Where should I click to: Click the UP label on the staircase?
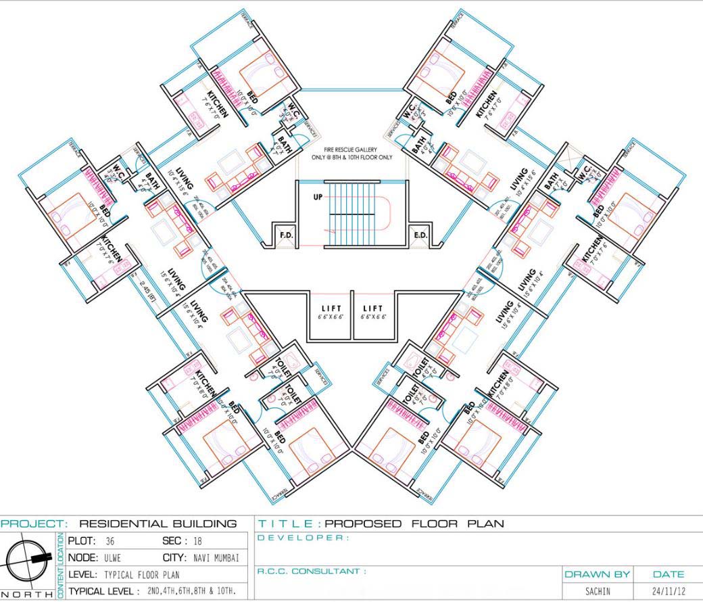(x=317, y=198)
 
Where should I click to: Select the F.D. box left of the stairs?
(x=285, y=235)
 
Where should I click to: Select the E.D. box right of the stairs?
(x=419, y=235)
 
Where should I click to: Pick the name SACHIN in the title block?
(x=598, y=591)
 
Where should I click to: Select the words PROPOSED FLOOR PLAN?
(x=414, y=524)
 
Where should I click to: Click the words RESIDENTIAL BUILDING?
(x=157, y=524)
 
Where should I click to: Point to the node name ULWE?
(x=112, y=559)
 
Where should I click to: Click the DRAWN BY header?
(x=597, y=574)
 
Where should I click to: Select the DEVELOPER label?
(x=304, y=538)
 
